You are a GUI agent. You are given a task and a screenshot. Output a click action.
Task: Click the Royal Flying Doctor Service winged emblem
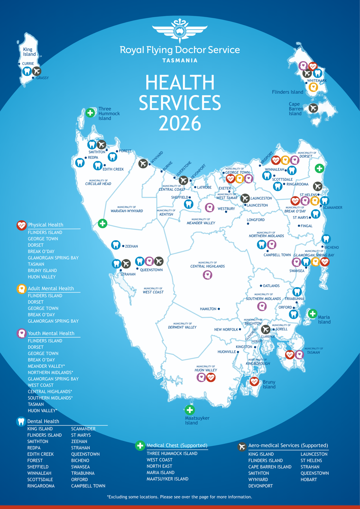click(180, 30)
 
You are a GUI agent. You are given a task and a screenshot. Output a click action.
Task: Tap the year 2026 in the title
click(180, 123)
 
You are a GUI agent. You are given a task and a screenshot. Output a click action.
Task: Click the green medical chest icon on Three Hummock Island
click(90, 113)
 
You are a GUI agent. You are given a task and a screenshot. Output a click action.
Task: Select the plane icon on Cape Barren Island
click(313, 108)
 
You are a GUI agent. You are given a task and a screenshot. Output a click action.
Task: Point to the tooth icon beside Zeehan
click(116, 245)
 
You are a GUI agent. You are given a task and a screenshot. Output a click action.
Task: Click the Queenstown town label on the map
click(151, 270)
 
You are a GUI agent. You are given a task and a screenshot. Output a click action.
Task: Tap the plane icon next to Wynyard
click(143, 163)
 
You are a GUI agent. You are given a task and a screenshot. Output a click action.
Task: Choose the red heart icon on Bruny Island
click(254, 382)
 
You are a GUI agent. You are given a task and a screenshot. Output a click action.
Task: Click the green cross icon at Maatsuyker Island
click(190, 410)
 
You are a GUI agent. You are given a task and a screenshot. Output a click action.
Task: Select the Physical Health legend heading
click(46, 225)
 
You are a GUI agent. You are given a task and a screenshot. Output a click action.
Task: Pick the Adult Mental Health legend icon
click(21, 289)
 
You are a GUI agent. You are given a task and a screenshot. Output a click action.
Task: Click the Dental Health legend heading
click(43, 421)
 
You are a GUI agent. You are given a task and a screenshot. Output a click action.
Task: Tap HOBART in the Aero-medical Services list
click(309, 479)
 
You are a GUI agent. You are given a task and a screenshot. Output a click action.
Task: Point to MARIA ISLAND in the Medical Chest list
click(160, 472)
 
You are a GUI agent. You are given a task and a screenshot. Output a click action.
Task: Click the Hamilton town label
click(208, 309)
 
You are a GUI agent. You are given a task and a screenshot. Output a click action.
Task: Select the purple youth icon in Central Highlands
click(208, 275)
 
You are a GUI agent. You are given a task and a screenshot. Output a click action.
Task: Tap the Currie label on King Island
click(28, 64)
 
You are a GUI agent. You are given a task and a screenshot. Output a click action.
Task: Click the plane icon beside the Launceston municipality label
click(245, 198)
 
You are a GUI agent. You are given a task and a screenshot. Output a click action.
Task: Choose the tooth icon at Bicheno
click(326, 239)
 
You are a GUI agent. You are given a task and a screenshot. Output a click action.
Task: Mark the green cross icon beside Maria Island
click(313, 314)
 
